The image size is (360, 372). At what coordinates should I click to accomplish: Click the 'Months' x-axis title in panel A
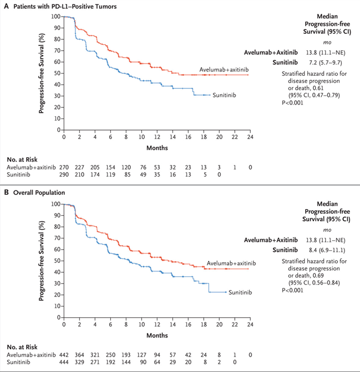click(157, 148)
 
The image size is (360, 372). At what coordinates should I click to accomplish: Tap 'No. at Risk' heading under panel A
click(23, 158)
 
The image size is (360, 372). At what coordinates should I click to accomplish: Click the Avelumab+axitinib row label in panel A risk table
click(29, 167)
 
